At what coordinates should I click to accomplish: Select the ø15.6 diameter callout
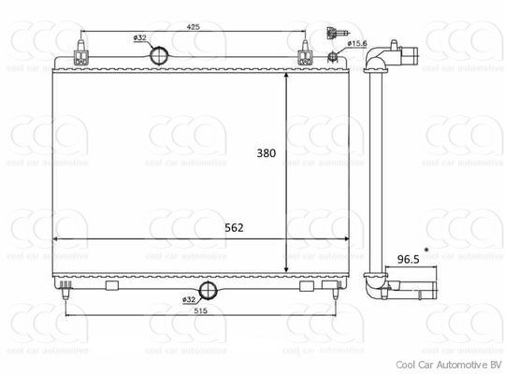(356, 43)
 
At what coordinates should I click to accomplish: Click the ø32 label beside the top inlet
(140, 38)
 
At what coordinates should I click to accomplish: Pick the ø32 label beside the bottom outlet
(189, 298)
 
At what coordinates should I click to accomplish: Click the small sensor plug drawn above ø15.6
(332, 34)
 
